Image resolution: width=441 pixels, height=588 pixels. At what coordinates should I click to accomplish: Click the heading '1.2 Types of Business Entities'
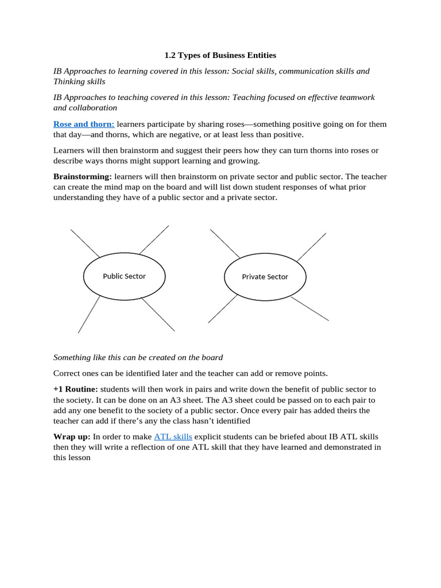(220, 55)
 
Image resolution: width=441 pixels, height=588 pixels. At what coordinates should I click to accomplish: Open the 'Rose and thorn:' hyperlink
(84, 124)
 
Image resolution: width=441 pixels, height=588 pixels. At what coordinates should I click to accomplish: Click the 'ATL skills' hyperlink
(173, 436)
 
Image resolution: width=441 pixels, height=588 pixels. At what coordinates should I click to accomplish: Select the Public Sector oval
(124, 276)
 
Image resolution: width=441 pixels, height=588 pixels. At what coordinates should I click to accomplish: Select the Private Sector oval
(265, 277)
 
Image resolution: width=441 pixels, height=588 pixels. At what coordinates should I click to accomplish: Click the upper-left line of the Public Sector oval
(85, 243)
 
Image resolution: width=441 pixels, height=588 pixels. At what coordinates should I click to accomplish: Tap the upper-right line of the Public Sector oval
(154, 240)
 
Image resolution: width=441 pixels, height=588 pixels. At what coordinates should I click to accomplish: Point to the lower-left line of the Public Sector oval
(88, 315)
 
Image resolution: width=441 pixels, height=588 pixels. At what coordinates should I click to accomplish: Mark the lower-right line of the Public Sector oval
(157, 314)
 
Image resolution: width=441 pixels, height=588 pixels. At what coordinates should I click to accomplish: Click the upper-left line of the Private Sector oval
(225, 243)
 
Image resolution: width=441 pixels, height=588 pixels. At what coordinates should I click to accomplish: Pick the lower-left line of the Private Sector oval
(222, 309)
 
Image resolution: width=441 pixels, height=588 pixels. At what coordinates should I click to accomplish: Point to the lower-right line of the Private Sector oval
(310, 308)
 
